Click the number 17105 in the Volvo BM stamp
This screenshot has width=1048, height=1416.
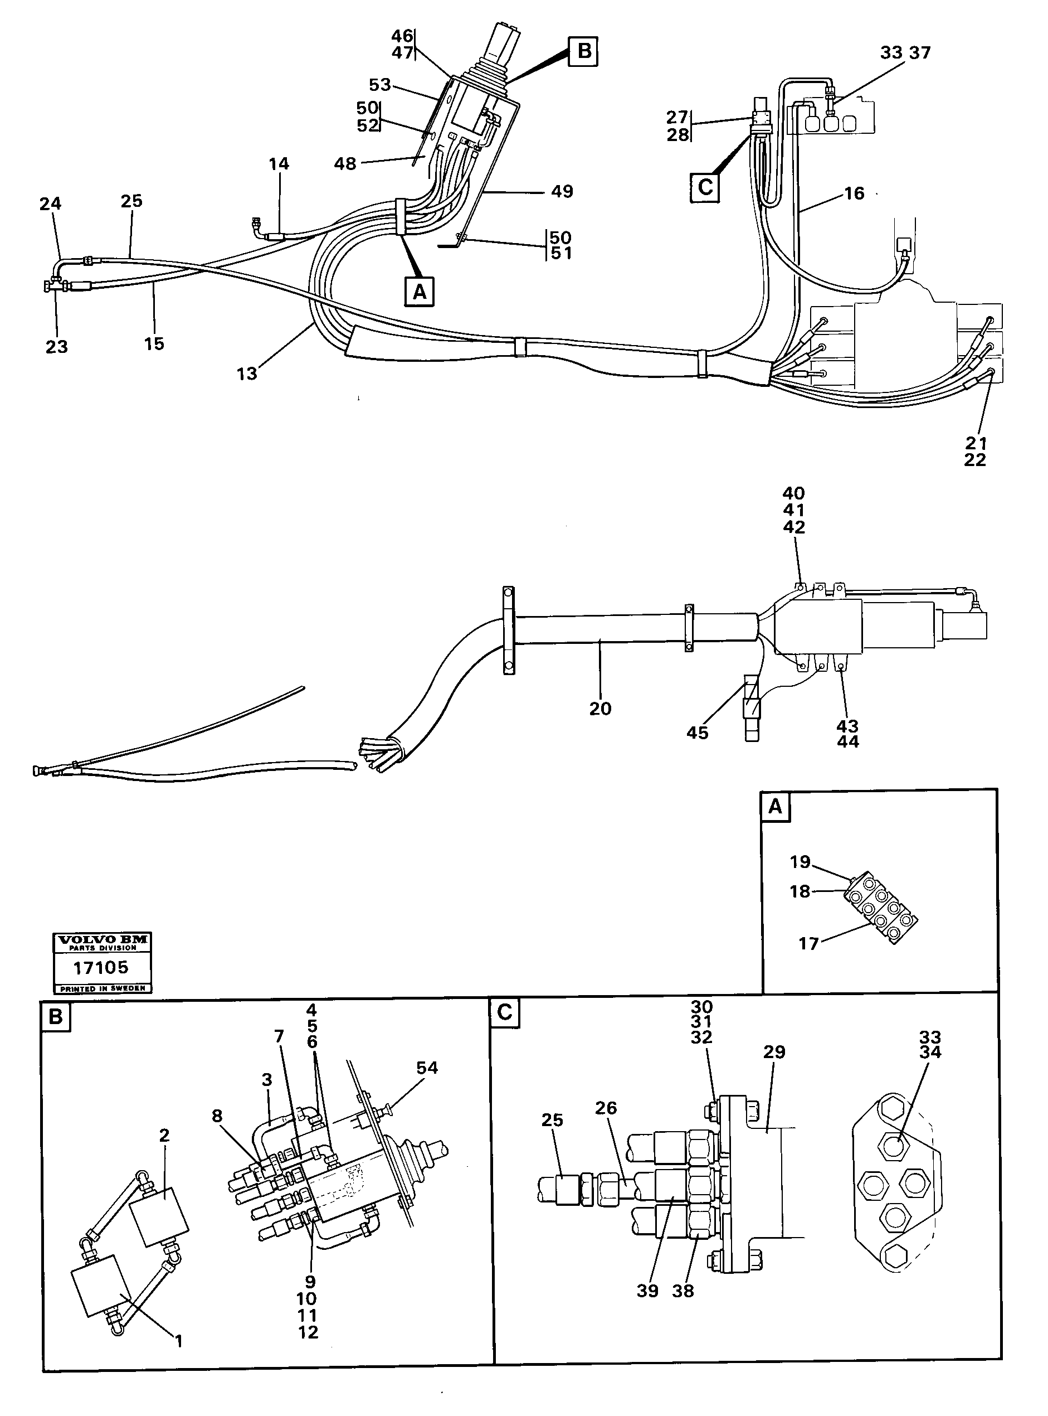[x=101, y=967]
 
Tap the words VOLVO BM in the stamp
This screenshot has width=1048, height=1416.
[x=102, y=939]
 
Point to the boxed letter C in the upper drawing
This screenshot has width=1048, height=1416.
[x=705, y=187]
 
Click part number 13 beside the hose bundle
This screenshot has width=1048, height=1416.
[x=247, y=374]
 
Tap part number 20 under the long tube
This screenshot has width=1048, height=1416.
[x=599, y=709]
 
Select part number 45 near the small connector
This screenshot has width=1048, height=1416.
[x=696, y=733]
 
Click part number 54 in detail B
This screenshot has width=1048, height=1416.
[x=426, y=1068]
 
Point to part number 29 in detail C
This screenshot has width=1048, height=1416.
[x=774, y=1051]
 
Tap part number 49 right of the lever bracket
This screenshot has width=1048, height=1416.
[x=562, y=191]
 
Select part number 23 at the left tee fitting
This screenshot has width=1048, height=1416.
[x=56, y=347]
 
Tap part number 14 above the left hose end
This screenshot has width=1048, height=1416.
[x=279, y=164]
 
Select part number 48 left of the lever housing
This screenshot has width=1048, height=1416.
[x=344, y=164]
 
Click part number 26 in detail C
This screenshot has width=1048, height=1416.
[x=606, y=1108]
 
